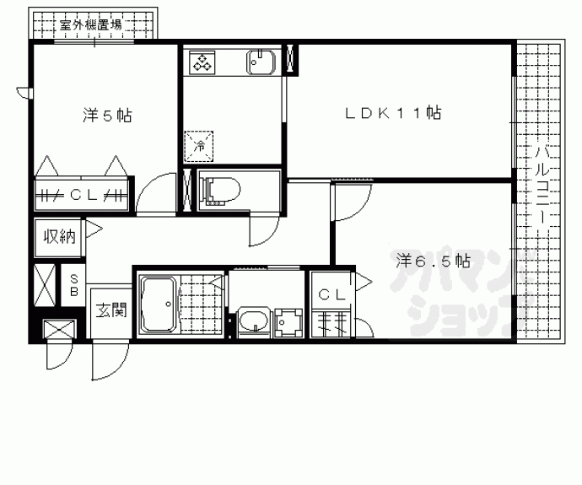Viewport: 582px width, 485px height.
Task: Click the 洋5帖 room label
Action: click(x=105, y=116)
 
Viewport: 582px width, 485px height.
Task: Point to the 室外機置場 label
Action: click(x=90, y=24)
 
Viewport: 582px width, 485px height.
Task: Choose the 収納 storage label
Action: click(x=59, y=236)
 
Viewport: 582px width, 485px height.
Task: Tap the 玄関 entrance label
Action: click(x=110, y=310)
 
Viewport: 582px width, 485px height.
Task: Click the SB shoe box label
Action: click(x=74, y=285)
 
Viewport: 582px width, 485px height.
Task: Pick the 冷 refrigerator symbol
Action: click(x=201, y=144)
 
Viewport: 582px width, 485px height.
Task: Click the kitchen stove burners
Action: click(x=203, y=61)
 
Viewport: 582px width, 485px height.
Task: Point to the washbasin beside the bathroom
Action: click(x=252, y=321)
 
